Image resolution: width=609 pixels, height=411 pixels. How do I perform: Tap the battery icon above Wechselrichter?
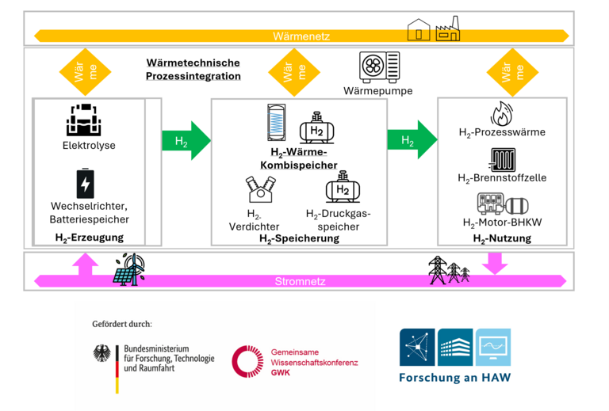point(85,184)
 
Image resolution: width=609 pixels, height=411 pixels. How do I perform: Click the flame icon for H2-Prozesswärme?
point(501,112)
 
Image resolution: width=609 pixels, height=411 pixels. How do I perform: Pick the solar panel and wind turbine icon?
point(129,269)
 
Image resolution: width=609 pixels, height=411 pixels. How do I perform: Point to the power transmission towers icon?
point(448,270)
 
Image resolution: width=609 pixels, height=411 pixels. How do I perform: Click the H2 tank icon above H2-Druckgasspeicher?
point(342,191)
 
